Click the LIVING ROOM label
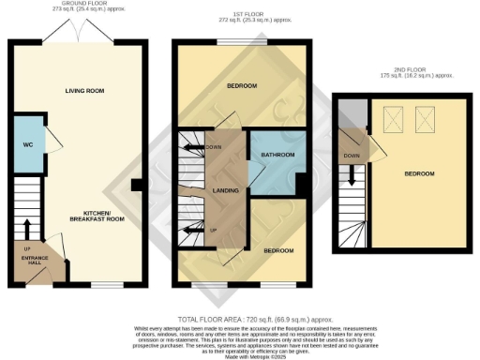83,91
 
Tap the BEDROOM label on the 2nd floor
420,174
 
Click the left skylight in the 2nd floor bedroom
392,118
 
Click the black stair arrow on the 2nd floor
352,176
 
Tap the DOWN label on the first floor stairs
215,147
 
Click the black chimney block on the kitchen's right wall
137,185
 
